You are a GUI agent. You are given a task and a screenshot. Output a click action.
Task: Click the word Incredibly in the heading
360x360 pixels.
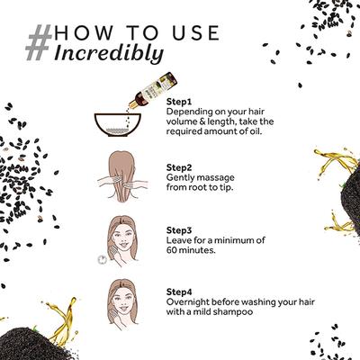coord(109,53)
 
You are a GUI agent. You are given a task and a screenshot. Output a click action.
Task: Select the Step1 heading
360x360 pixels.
coord(179,102)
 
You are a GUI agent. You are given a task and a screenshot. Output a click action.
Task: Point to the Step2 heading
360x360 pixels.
coord(179,167)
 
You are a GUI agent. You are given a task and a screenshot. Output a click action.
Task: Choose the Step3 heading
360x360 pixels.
coord(179,230)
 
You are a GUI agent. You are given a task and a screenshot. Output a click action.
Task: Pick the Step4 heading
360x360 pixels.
coord(179,292)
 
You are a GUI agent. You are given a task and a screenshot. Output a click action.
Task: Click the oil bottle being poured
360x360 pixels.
coord(153,89)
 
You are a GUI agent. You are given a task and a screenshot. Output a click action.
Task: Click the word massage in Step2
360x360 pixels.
coord(217,177)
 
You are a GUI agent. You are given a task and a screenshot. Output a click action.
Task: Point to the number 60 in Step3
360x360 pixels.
coord(171,250)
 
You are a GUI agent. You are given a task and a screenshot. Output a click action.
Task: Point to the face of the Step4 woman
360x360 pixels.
coord(123,301)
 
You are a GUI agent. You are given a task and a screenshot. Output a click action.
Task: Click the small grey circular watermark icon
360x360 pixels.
coord(103,259)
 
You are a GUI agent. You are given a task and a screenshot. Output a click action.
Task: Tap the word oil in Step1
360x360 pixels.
coord(256,131)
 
